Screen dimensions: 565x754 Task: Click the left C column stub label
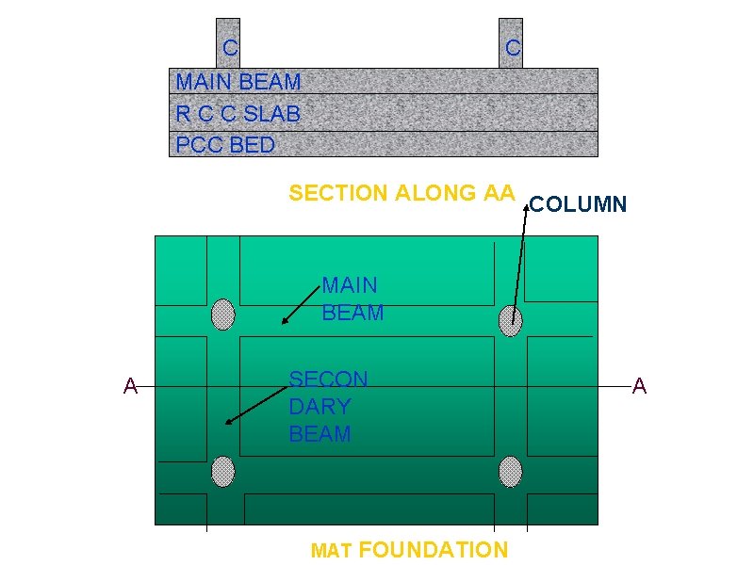pos(230,46)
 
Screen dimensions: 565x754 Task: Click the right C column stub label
pos(512,46)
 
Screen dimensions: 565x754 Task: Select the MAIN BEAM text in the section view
pos(238,82)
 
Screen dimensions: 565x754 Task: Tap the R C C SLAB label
pos(238,114)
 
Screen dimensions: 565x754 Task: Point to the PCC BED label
pos(225,145)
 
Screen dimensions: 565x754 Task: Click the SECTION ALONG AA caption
pos(402,193)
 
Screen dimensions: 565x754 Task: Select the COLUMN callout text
pos(578,203)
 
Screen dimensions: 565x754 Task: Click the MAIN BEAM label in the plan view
pos(352,299)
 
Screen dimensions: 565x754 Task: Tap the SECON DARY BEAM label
pos(327,407)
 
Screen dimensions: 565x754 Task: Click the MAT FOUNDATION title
pos(409,550)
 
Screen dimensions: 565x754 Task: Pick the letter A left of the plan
pos(130,385)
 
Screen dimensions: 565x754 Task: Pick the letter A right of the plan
pos(639,385)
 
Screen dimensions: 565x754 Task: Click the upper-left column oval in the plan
pos(222,315)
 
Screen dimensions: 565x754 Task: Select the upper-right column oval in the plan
pos(510,320)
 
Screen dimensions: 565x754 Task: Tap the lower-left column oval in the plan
pos(222,471)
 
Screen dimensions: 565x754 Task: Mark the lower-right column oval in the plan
pos(510,471)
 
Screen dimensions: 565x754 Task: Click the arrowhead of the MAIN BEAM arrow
pos(285,322)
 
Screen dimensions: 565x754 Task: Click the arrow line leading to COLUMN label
pos(519,264)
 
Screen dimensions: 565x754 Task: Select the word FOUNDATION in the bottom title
pos(433,550)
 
